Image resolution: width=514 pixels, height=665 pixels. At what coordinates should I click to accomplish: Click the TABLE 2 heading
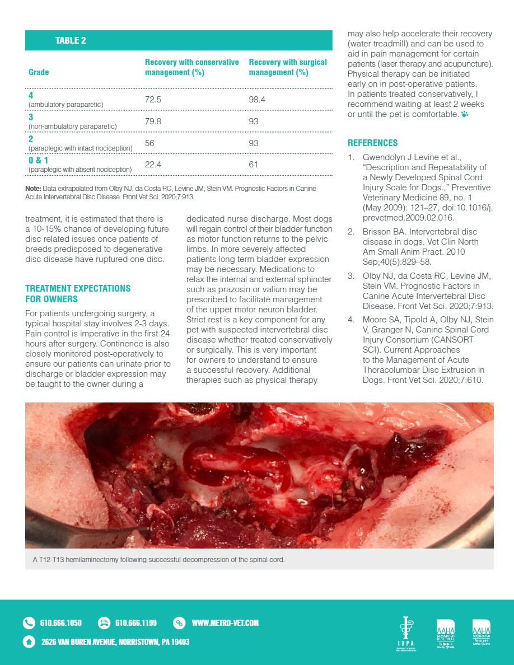[x=71, y=41]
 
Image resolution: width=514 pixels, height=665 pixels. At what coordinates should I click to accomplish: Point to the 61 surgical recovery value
[x=254, y=164]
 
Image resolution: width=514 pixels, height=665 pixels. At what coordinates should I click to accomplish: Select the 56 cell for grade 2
[x=149, y=143]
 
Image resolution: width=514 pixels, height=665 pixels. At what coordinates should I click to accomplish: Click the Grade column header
[x=39, y=72]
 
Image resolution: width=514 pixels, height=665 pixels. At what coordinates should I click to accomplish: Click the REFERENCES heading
[x=372, y=143]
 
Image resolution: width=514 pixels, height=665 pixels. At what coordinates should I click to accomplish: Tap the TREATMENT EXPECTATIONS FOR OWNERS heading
[x=78, y=293]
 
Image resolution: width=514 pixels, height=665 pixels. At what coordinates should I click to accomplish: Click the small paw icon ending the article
[x=464, y=115]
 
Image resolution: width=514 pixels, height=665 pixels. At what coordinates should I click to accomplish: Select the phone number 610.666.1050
[x=61, y=622]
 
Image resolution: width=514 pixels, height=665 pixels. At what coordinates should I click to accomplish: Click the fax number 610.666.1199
[x=135, y=622]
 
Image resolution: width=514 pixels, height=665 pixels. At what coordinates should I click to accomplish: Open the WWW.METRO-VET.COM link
[x=225, y=622]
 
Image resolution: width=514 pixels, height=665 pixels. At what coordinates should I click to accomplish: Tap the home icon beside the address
[x=29, y=641]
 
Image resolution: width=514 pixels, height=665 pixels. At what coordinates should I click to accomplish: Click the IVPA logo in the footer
[x=404, y=634]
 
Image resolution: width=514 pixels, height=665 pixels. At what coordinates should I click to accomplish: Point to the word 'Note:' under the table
[x=34, y=189]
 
